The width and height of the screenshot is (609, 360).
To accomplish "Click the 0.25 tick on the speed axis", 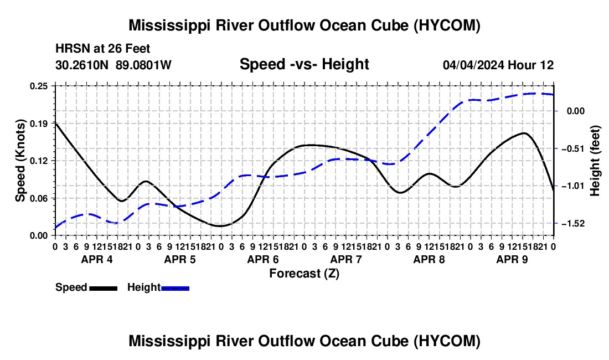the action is [39, 86].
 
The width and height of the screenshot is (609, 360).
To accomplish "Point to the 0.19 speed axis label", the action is [39, 124].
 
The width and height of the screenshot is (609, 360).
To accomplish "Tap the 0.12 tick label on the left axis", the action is [39, 161].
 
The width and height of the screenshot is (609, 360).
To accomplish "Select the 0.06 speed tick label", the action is [39, 198].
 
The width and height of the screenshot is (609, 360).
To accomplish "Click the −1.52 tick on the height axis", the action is [573, 224].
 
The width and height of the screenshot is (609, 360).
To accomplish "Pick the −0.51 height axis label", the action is [573, 149].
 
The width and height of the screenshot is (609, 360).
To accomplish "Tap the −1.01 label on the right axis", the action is [573, 186].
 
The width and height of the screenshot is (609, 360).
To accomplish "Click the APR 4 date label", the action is [97, 259].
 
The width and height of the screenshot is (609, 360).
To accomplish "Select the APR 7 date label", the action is [346, 259].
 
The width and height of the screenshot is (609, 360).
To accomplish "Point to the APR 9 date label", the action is [512, 259].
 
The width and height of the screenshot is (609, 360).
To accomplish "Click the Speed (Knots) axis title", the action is [20, 161].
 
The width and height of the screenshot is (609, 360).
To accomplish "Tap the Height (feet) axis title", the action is [595, 161].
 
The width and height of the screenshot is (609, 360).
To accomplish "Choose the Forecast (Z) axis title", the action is [304, 274].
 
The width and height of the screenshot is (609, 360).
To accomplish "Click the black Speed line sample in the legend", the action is [104, 289].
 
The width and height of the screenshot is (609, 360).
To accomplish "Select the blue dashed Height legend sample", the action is [175, 289].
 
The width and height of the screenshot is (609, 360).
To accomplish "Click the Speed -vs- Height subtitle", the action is [304, 64].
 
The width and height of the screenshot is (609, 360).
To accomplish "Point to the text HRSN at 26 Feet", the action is [103, 49].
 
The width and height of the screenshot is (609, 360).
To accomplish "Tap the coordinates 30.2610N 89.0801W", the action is [113, 65].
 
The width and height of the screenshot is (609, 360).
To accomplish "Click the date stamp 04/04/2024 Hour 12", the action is [498, 65].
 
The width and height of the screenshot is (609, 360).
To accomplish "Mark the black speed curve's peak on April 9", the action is [525, 133].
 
